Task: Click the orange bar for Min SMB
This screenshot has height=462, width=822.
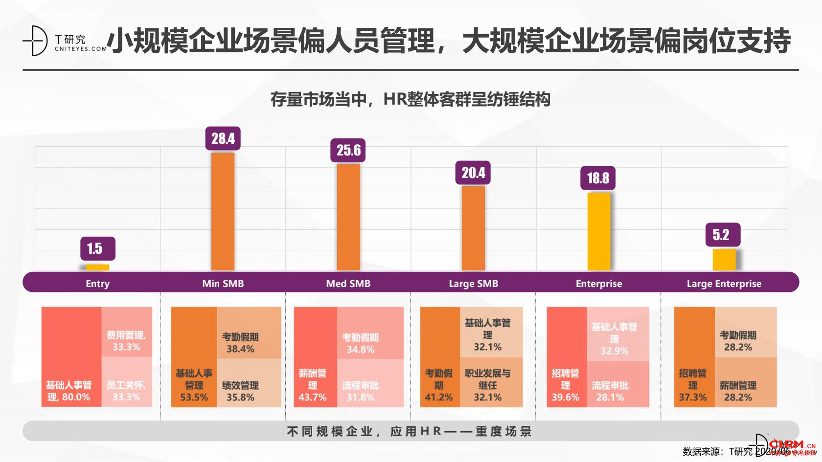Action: (223, 211)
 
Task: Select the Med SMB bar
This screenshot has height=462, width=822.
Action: (348, 217)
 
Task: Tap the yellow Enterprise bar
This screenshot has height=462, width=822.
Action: (599, 231)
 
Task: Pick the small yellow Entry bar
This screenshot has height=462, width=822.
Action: (97, 267)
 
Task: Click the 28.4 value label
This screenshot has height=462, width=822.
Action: (223, 138)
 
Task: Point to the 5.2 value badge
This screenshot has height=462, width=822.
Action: (722, 235)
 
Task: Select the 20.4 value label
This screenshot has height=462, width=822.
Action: (473, 173)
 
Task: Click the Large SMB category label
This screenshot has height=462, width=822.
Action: (473, 284)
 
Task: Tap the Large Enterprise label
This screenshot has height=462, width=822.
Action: (724, 284)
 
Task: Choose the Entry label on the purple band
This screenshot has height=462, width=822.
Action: (97, 284)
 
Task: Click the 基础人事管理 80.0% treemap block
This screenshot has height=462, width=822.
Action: (71, 357)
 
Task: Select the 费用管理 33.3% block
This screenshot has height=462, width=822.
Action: (127, 332)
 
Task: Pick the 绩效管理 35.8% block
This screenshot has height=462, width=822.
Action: (249, 383)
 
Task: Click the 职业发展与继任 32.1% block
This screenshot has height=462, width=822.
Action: (491, 382)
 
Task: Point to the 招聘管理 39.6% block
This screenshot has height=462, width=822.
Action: (566, 357)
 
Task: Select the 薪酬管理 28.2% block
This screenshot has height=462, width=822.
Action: (745, 382)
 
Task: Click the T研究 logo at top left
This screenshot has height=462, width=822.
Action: (64, 41)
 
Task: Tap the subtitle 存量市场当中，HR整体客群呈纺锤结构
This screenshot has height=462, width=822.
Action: (410, 100)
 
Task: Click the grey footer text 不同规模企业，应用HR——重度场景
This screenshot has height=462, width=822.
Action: (410, 431)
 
